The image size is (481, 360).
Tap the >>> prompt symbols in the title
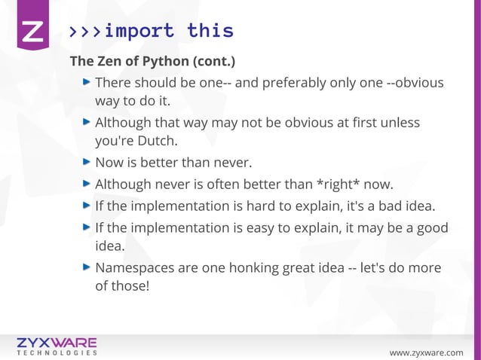[84, 32]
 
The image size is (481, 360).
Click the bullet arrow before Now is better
[87, 161]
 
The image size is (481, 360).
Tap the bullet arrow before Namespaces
[87, 267]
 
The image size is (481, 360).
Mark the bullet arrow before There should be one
[87, 81]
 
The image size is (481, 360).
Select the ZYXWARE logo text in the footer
[57, 341]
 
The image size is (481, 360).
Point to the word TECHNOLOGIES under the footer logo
[57, 352]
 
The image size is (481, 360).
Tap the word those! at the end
[132, 286]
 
